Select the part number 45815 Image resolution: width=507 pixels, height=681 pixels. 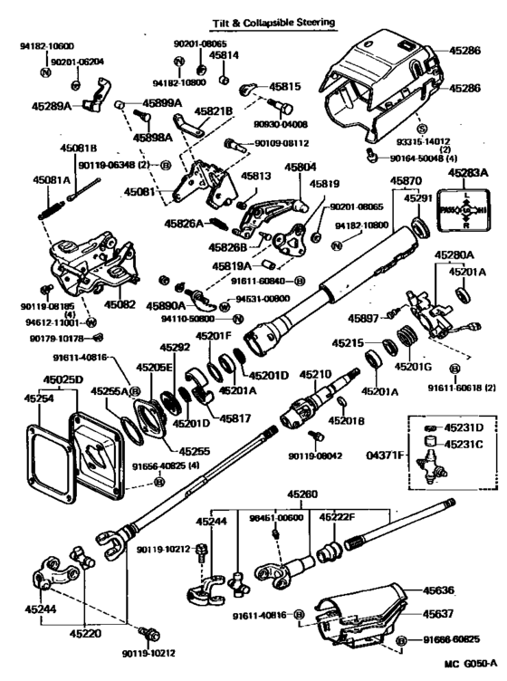tap(283, 86)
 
